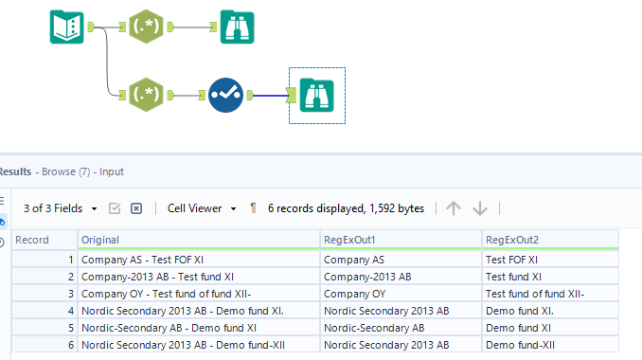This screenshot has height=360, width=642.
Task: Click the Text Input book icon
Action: (x=66, y=27)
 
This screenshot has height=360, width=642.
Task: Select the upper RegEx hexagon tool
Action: (x=145, y=27)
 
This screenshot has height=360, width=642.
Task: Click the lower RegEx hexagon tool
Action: (x=145, y=95)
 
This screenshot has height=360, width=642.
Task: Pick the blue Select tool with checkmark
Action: (x=225, y=95)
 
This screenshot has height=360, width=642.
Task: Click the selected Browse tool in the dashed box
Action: (x=316, y=95)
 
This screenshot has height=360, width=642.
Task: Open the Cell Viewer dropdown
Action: (x=201, y=208)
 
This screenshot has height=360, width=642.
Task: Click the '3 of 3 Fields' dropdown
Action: (x=61, y=208)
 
